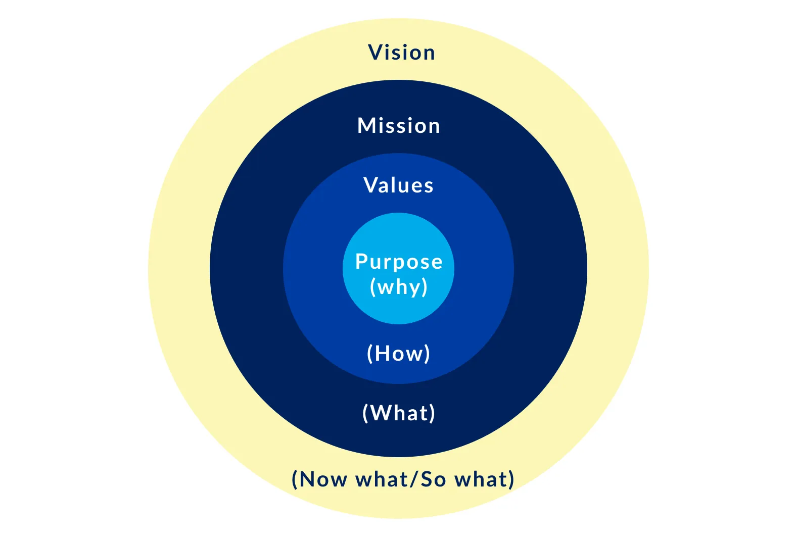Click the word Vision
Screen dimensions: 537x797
point(401,53)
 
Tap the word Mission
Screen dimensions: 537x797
point(399,126)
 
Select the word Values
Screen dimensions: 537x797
point(399,185)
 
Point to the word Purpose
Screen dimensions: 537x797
point(399,262)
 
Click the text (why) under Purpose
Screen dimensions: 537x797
point(399,287)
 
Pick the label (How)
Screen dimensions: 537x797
point(399,353)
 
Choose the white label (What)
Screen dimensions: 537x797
point(399,413)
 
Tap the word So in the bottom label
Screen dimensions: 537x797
point(433,479)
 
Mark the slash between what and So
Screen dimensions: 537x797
point(414,479)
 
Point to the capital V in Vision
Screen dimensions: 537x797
point(374,53)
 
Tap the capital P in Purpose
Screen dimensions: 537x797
point(362,262)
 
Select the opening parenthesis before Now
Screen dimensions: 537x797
point(295,479)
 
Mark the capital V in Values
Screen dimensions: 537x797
point(370,185)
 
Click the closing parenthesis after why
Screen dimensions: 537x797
point(425,287)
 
